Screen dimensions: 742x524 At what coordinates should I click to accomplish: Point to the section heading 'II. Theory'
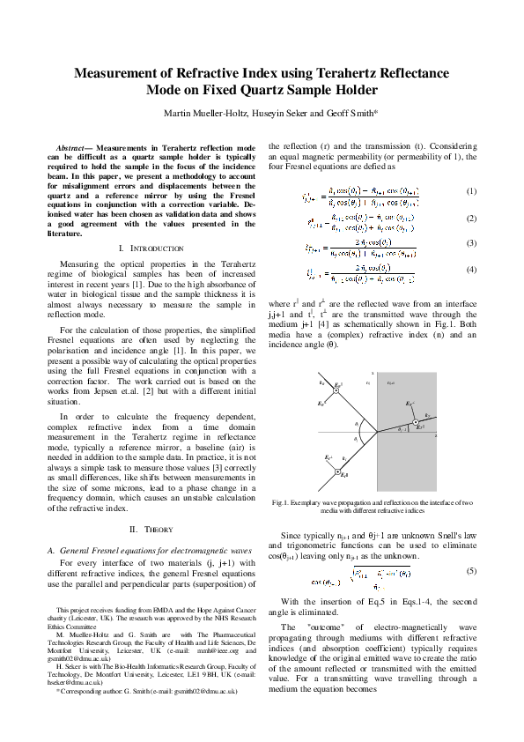coord(144,529)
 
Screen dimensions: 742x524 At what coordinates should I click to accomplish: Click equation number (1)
coord(471,191)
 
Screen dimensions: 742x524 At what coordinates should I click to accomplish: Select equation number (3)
coord(471,242)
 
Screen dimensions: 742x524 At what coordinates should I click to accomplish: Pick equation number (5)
coord(471,572)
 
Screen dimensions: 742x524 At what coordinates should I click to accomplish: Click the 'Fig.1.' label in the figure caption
coord(282,502)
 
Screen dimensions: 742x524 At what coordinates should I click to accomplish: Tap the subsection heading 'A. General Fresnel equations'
coord(150,550)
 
